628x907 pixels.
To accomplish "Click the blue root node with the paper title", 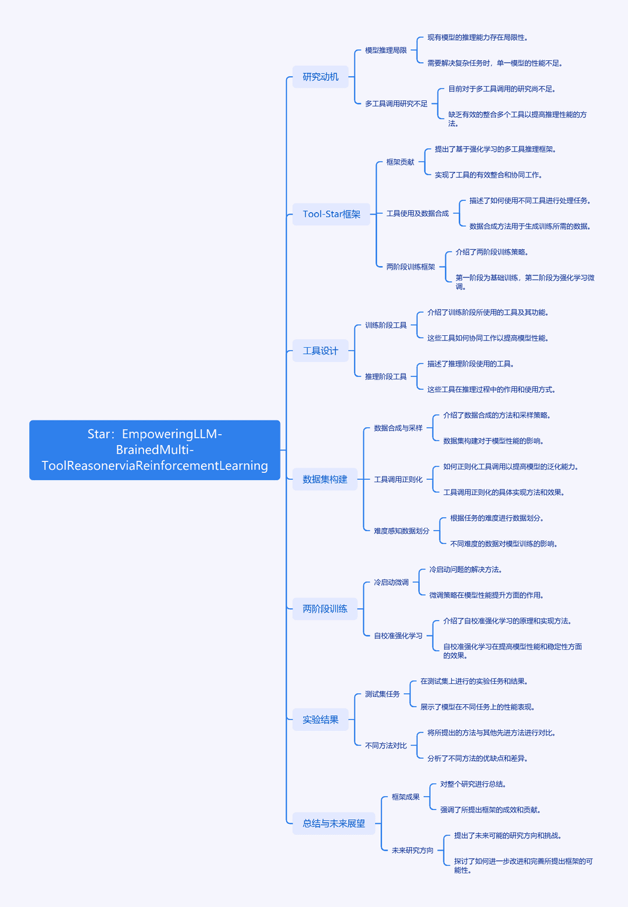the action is click(x=154, y=450).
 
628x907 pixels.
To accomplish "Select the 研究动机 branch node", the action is click(x=320, y=77).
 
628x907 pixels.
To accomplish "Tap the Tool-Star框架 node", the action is click(x=331, y=214).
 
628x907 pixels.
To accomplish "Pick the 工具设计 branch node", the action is click(x=320, y=350).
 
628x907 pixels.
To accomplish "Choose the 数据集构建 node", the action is click(x=325, y=479).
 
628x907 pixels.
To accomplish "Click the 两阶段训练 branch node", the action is click(x=325, y=608).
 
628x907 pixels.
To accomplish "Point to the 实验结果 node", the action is click(x=320, y=719).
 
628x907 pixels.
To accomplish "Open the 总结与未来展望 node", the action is click(x=334, y=823).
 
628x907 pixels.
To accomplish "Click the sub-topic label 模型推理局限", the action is click(x=386, y=50).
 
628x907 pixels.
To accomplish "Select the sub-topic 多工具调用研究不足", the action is click(x=396, y=103).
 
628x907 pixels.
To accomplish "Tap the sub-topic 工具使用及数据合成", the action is click(x=418, y=213).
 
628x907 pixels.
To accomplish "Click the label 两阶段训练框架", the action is click(x=411, y=267).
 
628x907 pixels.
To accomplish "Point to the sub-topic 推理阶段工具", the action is click(x=386, y=377).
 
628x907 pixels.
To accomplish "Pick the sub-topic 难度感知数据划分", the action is click(x=402, y=531).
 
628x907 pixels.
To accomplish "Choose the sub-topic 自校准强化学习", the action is click(x=398, y=636).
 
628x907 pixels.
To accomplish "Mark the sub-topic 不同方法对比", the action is click(x=386, y=745).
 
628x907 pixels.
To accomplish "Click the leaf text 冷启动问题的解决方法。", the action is click(x=466, y=570).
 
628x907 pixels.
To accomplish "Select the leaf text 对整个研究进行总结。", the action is click(x=473, y=784).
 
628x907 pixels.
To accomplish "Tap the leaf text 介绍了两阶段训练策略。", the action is click(x=492, y=252).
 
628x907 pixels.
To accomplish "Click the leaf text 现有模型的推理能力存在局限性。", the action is click(x=477, y=38).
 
